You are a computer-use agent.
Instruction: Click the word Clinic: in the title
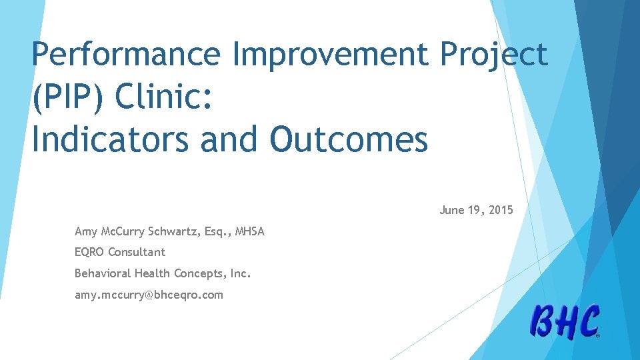point(164,97)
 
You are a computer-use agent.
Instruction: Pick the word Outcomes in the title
point(349,139)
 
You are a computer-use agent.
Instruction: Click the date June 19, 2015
point(476,211)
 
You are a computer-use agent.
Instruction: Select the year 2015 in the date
point(501,211)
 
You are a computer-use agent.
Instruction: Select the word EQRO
point(90,253)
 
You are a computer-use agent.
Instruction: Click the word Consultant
point(137,253)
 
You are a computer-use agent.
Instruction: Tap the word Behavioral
point(103,273)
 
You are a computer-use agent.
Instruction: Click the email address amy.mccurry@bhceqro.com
point(149,295)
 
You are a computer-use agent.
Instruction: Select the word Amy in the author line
point(86,232)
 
